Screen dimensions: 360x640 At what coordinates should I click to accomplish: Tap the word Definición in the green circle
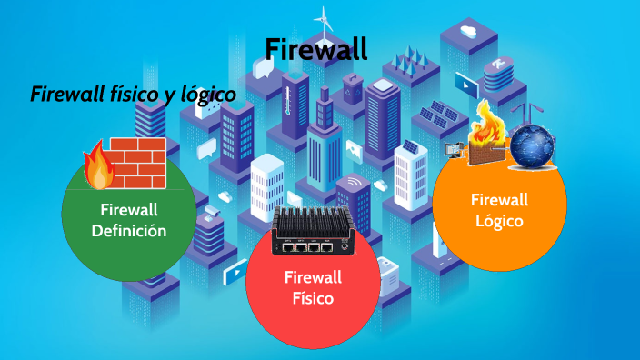pyautogui.click(x=129, y=231)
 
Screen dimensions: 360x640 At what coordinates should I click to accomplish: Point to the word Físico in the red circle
pyautogui.click(x=312, y=297)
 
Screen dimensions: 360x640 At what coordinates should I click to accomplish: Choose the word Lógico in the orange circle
pyautogui.click(x=498, y=221)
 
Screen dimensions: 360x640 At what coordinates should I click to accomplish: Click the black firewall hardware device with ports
pyautogui.click(x=313, y=231)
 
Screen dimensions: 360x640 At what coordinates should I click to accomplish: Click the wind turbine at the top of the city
pyautogui.click(x=322, y=19)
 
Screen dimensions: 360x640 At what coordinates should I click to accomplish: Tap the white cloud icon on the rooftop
pyautogui.click(x=469, y=32)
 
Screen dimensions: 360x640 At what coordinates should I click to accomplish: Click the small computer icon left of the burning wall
pyautogui.click(x=452, y=150)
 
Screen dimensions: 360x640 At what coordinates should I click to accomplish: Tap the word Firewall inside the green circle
pyautogui.click(x=129, y=210)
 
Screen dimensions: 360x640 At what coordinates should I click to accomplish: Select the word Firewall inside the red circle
pyautogui.click(x=312, y=276)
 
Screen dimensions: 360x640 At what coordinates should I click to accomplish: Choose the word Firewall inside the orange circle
pyautogui.click(x=498, y=200)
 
